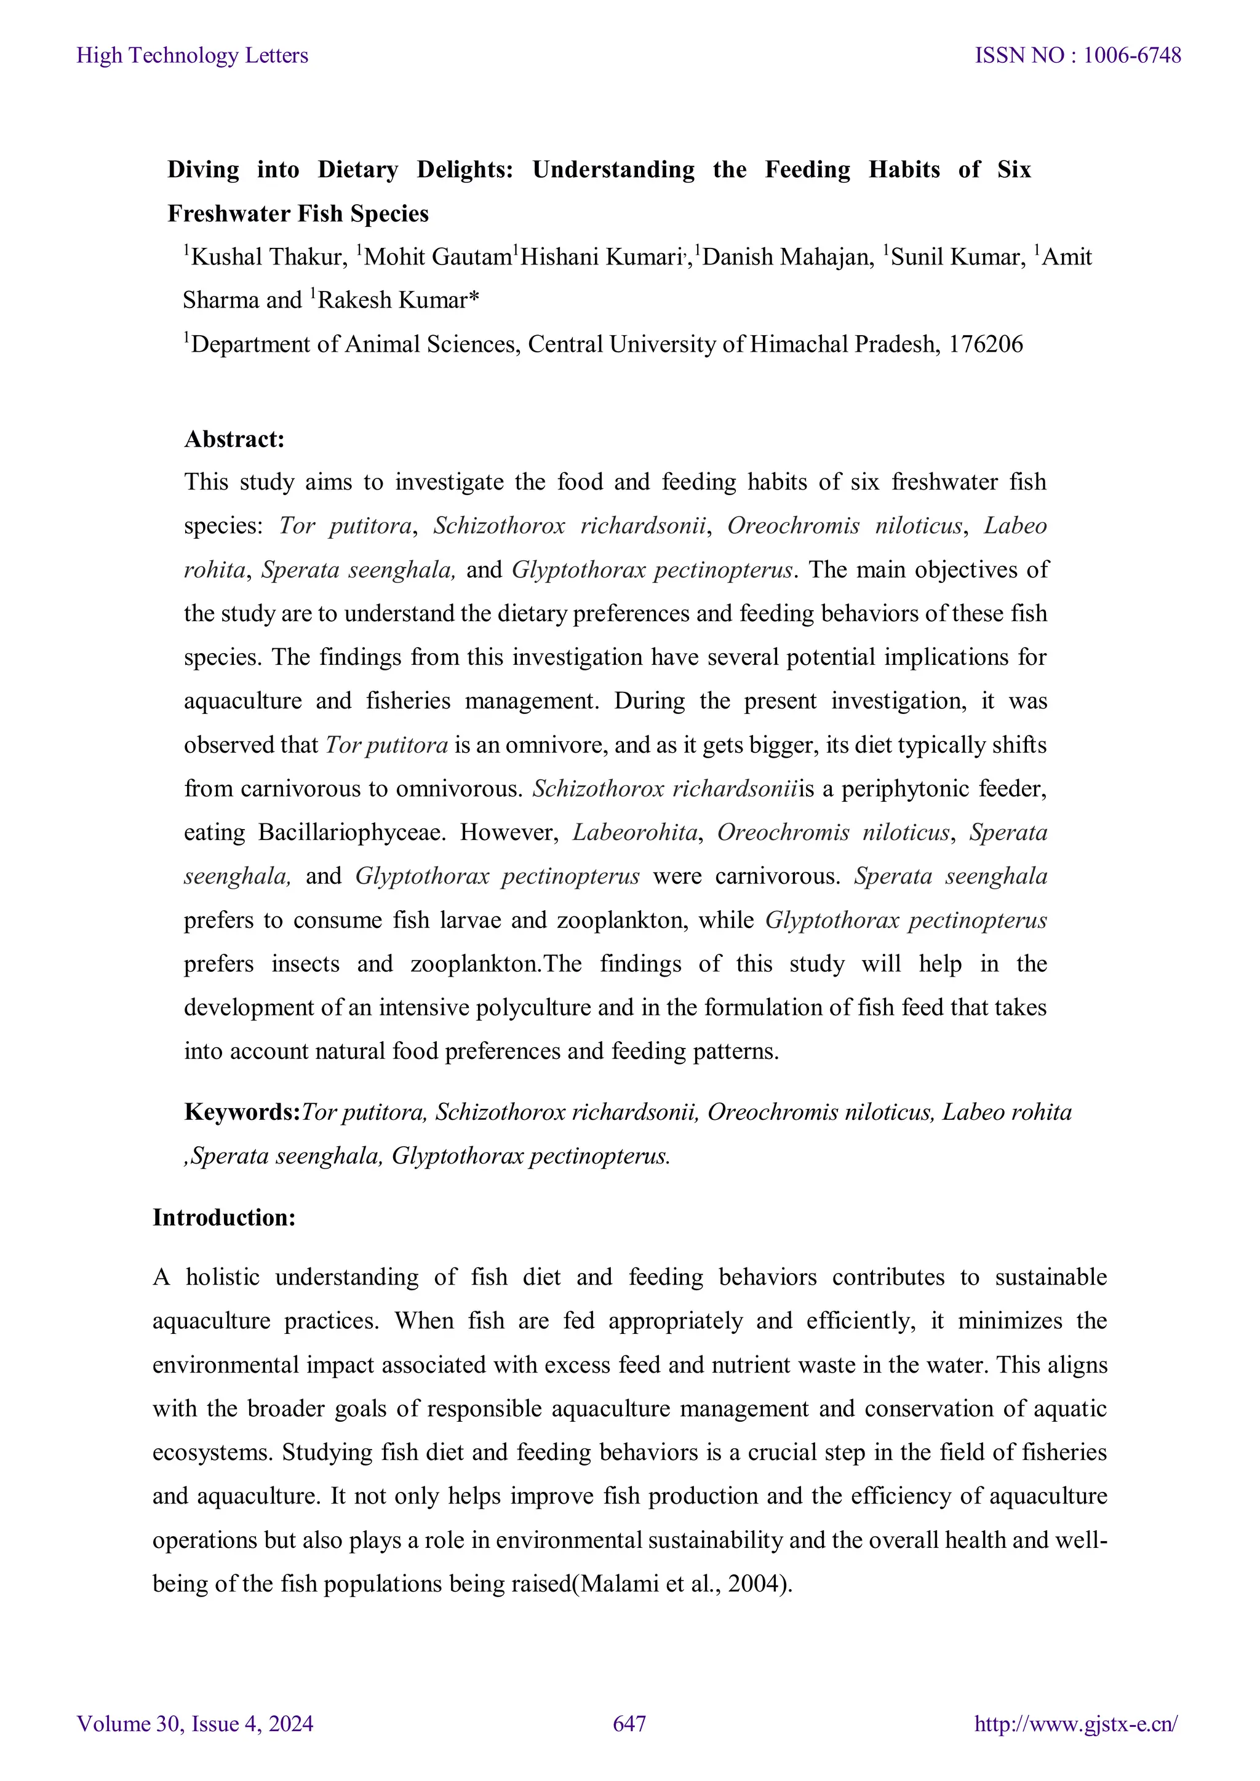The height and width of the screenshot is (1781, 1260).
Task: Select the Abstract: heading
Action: coord(234,440)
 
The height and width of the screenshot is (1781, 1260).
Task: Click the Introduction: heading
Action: coord(224,1217)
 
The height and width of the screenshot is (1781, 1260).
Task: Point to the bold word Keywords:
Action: coord(241,1113)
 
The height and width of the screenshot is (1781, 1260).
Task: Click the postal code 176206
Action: coord(986,344)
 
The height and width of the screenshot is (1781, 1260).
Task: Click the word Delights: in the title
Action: coord(465,170)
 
